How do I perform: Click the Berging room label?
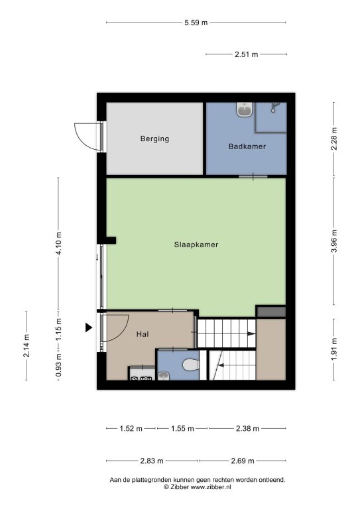[x=154, y=139]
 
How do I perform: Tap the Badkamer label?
[x=247, y=146]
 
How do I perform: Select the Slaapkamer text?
[x=196, y=245]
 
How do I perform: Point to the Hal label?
[x=143, y=334]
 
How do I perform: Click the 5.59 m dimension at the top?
[x=196, y=23]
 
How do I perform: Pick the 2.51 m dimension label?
[x=247, y=54]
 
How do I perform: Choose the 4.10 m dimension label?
[x=59, y=243]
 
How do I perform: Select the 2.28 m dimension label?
[x=334, y=139]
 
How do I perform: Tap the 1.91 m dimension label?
[x=334, y=349]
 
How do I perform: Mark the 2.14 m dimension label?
[x=27, y=346]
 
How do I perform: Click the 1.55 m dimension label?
[x=182, y=429]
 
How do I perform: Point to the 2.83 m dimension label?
[x=152, y=461]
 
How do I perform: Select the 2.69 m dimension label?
[x=243, y=461]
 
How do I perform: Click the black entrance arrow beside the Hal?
[x=88, y=327]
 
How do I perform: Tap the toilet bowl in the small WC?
[x=191, y=365]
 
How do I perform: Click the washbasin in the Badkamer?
[x=245, y=110]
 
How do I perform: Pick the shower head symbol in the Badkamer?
[x=274, y=107]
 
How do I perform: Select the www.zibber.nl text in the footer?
[x=211, y=487]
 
